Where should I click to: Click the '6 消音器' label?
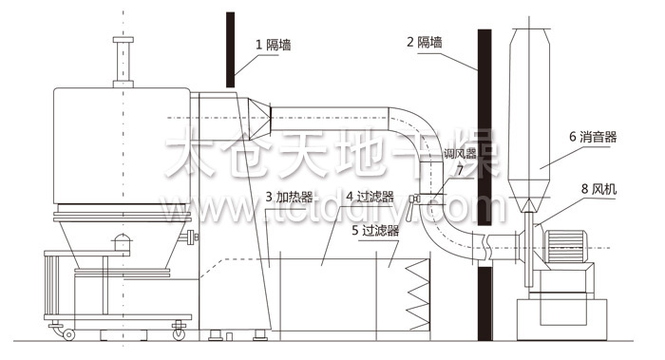pos(593,137)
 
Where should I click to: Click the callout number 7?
pos(461,170)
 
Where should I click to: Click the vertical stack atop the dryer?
pos(122,62)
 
